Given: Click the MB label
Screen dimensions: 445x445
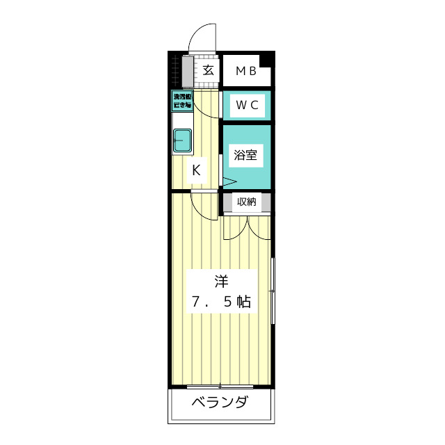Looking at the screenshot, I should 245,70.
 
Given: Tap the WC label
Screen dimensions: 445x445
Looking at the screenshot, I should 247,105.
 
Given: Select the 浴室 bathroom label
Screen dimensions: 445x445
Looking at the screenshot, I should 245,154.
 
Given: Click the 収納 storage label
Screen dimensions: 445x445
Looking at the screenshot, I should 247,202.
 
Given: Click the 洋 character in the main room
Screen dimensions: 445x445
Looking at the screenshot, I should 221,282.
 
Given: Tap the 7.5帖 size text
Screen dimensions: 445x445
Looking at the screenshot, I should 221,302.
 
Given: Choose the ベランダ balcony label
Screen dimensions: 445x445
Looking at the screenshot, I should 220,403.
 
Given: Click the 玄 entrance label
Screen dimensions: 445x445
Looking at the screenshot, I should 207,70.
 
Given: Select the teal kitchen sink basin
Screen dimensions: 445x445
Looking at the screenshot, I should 182,140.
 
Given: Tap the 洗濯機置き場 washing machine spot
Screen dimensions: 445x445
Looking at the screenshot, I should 182,101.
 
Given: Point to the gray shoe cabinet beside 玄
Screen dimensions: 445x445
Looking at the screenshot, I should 187,70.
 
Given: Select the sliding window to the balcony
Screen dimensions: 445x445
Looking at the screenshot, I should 220,386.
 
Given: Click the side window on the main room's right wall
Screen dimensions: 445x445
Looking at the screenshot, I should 273,290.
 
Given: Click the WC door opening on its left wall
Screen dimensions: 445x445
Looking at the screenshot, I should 222,105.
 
